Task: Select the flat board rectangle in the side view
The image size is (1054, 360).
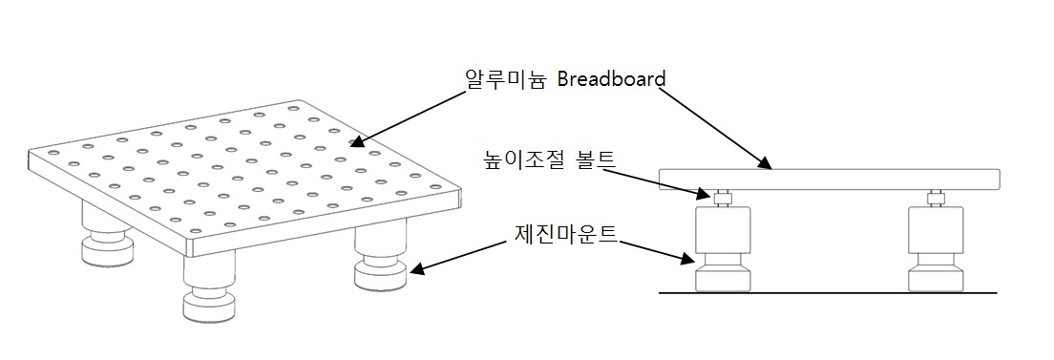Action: pyautogui.click(x=829, y=179)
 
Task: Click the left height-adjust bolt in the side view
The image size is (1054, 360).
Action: pyautogui.click(x=724, y=199)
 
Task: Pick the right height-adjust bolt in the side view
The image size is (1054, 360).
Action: pyautogui.click(x=935, y=199)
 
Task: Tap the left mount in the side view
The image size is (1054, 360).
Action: pyautogui.click(x=724, y=248)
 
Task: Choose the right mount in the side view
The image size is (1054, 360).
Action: pyautogui.click(x=935, y=248)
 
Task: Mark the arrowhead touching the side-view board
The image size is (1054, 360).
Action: pyautogui.click(x=767, y=167)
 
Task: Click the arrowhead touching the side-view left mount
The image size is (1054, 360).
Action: pyautogui.click(x=696, y=258)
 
